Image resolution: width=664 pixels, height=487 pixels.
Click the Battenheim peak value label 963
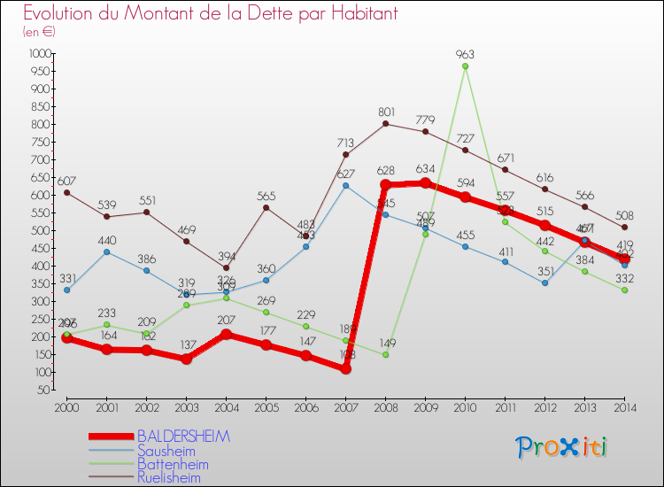coord(465,54)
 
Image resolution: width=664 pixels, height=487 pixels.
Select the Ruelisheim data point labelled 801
coord(385,123)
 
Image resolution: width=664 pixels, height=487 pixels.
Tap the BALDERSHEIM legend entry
coord(183,437)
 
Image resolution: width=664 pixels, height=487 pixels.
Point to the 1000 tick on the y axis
coord(39,53)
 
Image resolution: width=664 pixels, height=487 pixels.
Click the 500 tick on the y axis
coord(41,230)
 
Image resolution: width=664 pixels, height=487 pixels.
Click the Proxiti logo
coord(561,447)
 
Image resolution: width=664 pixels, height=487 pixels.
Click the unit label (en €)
coord(40,32)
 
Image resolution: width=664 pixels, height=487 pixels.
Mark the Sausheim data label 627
coord(345,174)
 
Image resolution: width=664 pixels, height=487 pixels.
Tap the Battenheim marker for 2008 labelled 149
coord(385,354)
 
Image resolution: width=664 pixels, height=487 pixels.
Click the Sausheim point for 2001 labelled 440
coord(106,251)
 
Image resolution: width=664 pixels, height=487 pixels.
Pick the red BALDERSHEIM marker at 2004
coord(226,335)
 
